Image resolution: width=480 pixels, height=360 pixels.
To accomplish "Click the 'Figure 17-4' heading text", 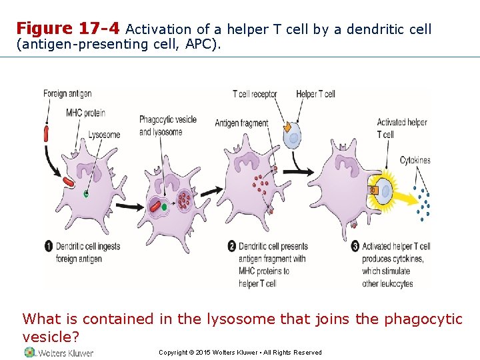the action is tap(68, 29).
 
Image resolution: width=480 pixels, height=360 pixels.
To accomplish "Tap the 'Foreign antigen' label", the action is tap(67, 93).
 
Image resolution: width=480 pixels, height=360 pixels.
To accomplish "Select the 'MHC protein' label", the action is tap(83, 112).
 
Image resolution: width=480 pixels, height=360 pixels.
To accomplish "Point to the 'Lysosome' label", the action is tap(104, 135).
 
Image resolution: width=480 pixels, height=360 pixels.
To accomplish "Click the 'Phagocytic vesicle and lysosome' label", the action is tap(167, 125).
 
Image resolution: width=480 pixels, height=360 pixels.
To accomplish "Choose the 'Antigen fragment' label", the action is tap(241, 123).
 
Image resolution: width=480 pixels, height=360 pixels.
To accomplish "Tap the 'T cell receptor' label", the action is tap(254, 94).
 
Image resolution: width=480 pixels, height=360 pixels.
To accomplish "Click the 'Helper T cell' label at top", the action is tap(315, 94).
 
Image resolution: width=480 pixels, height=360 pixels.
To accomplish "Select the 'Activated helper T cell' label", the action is tap(401, 128).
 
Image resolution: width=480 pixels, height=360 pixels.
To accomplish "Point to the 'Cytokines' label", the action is tap(415, 160).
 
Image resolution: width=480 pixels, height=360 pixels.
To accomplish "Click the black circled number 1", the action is tap(49, 247).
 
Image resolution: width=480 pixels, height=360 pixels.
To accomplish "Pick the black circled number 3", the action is tap(356, 247).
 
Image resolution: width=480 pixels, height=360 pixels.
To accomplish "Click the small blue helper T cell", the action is tap(293, 139).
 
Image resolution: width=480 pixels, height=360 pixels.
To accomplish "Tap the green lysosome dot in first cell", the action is tap(85, 194).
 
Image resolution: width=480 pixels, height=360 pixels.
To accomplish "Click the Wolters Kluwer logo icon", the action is tap(29, 352).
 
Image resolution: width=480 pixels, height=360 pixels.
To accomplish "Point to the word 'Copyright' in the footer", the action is tap(172, 353).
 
